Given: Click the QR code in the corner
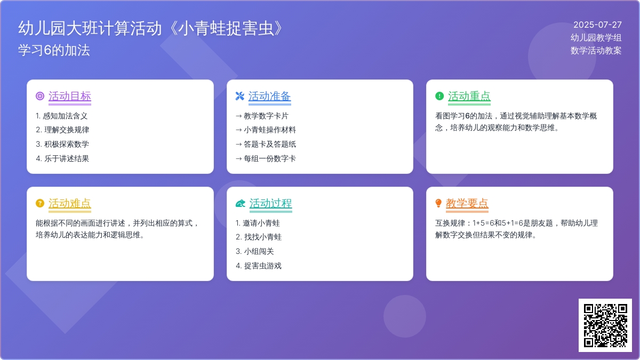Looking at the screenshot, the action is pos(605,325).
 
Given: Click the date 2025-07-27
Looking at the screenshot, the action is pos(597,25).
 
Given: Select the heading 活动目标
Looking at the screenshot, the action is pos(70,96).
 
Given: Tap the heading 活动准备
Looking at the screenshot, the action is pos(269,96).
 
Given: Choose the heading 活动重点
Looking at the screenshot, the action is pos(469,96).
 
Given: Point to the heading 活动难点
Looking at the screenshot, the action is pos(70,203).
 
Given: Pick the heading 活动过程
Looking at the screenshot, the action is pos(270,203).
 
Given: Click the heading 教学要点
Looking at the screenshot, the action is pos(467,203).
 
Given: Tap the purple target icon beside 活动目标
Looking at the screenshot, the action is pos(40,96).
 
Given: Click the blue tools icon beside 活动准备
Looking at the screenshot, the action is pos(239,96).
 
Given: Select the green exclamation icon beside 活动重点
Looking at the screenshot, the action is pos(439,96).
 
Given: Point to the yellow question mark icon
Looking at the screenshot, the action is pos(40,203).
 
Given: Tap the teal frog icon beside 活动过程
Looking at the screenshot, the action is pos(241,203).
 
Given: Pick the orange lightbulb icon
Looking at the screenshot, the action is pos(438,203).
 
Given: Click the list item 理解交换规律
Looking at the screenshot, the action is pos(67,130).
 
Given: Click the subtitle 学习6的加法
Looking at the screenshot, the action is pos(54,50).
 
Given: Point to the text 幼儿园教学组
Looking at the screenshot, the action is pos(596,37).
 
